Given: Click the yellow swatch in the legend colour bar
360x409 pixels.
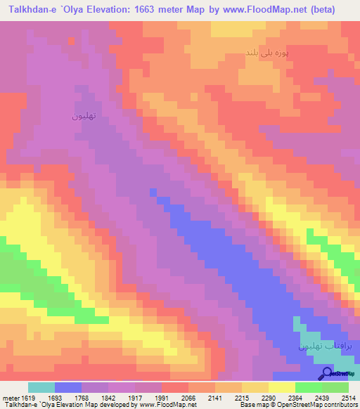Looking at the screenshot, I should (x=281, y=387).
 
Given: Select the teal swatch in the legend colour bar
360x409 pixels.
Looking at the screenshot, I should (x=41, y=387).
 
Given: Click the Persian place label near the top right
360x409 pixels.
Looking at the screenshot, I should (x=266, y=52).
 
